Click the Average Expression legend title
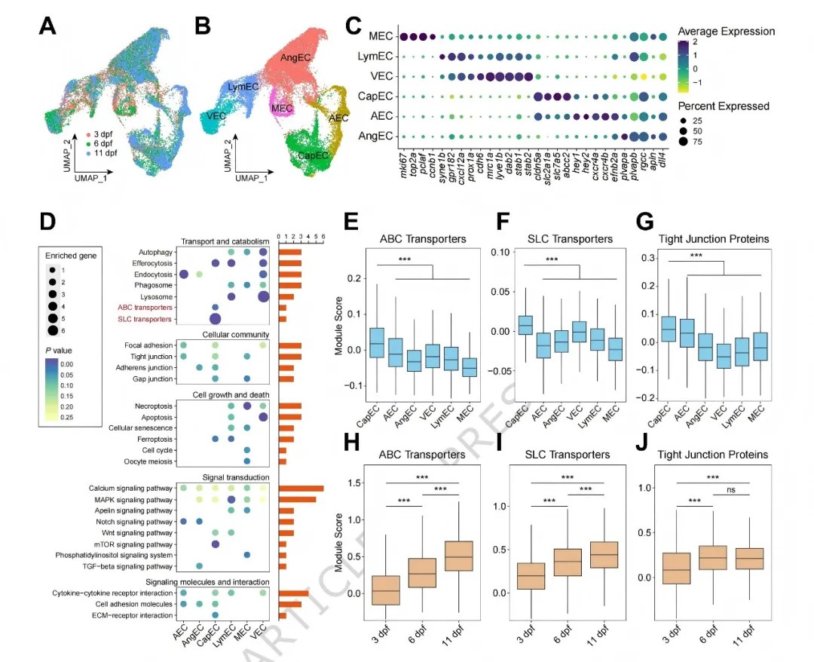pos(726,32)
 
